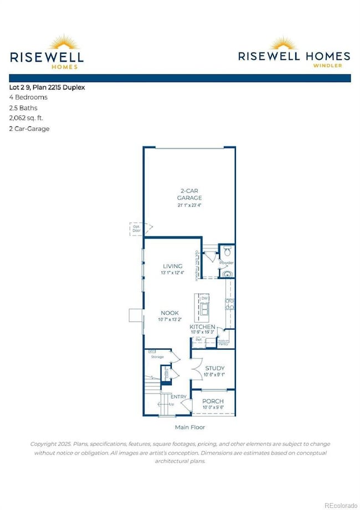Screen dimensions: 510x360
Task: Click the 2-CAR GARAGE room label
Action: click(x=189, y=194)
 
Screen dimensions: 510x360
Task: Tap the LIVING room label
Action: click(x=172, y=266)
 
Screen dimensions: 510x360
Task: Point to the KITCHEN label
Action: click(x=202, y=328)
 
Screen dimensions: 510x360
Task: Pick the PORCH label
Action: click(x=213, y=402)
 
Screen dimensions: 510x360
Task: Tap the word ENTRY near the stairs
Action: click(x=178, y=397)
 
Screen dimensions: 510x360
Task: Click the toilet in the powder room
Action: click(x=227, y=251)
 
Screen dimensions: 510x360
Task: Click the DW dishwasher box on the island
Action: click(x=204, y=299)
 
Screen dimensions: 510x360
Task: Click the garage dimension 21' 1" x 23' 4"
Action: click(x=189, y=206)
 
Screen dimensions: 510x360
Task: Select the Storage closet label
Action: click(x=157, y=357)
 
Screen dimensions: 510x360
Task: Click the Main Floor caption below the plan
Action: click(x=189, y=427)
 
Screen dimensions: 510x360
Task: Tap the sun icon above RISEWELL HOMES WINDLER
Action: click(x=294, y=44)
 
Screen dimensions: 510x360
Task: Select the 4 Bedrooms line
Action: click(x=28, y=97)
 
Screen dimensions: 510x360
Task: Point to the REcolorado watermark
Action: click(x=341, y=504)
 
